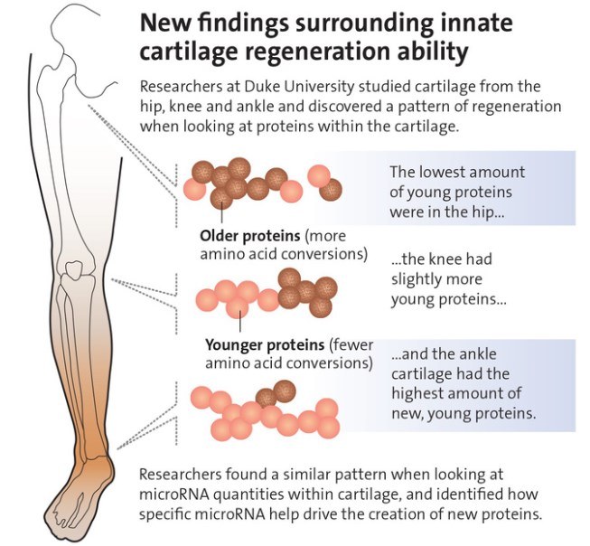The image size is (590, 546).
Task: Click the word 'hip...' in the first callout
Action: coord(498,209)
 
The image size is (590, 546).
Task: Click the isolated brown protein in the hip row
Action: coord(332,189)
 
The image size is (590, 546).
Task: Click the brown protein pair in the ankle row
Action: coord(277,392)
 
